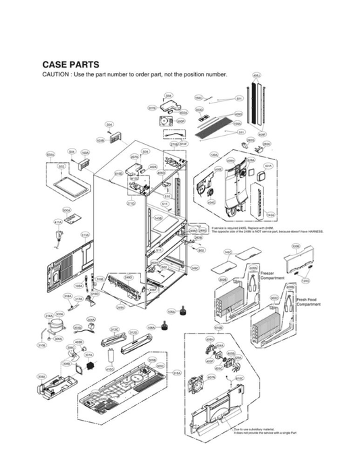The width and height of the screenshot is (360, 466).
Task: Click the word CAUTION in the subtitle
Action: (x=57, y=74)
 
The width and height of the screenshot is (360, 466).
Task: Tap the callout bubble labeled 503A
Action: (x=50, y=155)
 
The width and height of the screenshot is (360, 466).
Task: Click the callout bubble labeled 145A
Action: (x=271, y=215)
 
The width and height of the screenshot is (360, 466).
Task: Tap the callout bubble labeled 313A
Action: (x=85, y=235)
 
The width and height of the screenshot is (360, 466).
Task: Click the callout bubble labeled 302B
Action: (x=222, y=279)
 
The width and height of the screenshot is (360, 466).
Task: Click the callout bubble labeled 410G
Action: (x=109, y=369)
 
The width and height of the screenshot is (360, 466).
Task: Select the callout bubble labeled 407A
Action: (x=211, y=378)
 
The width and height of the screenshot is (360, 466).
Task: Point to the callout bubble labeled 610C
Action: (x=239, y=378)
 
